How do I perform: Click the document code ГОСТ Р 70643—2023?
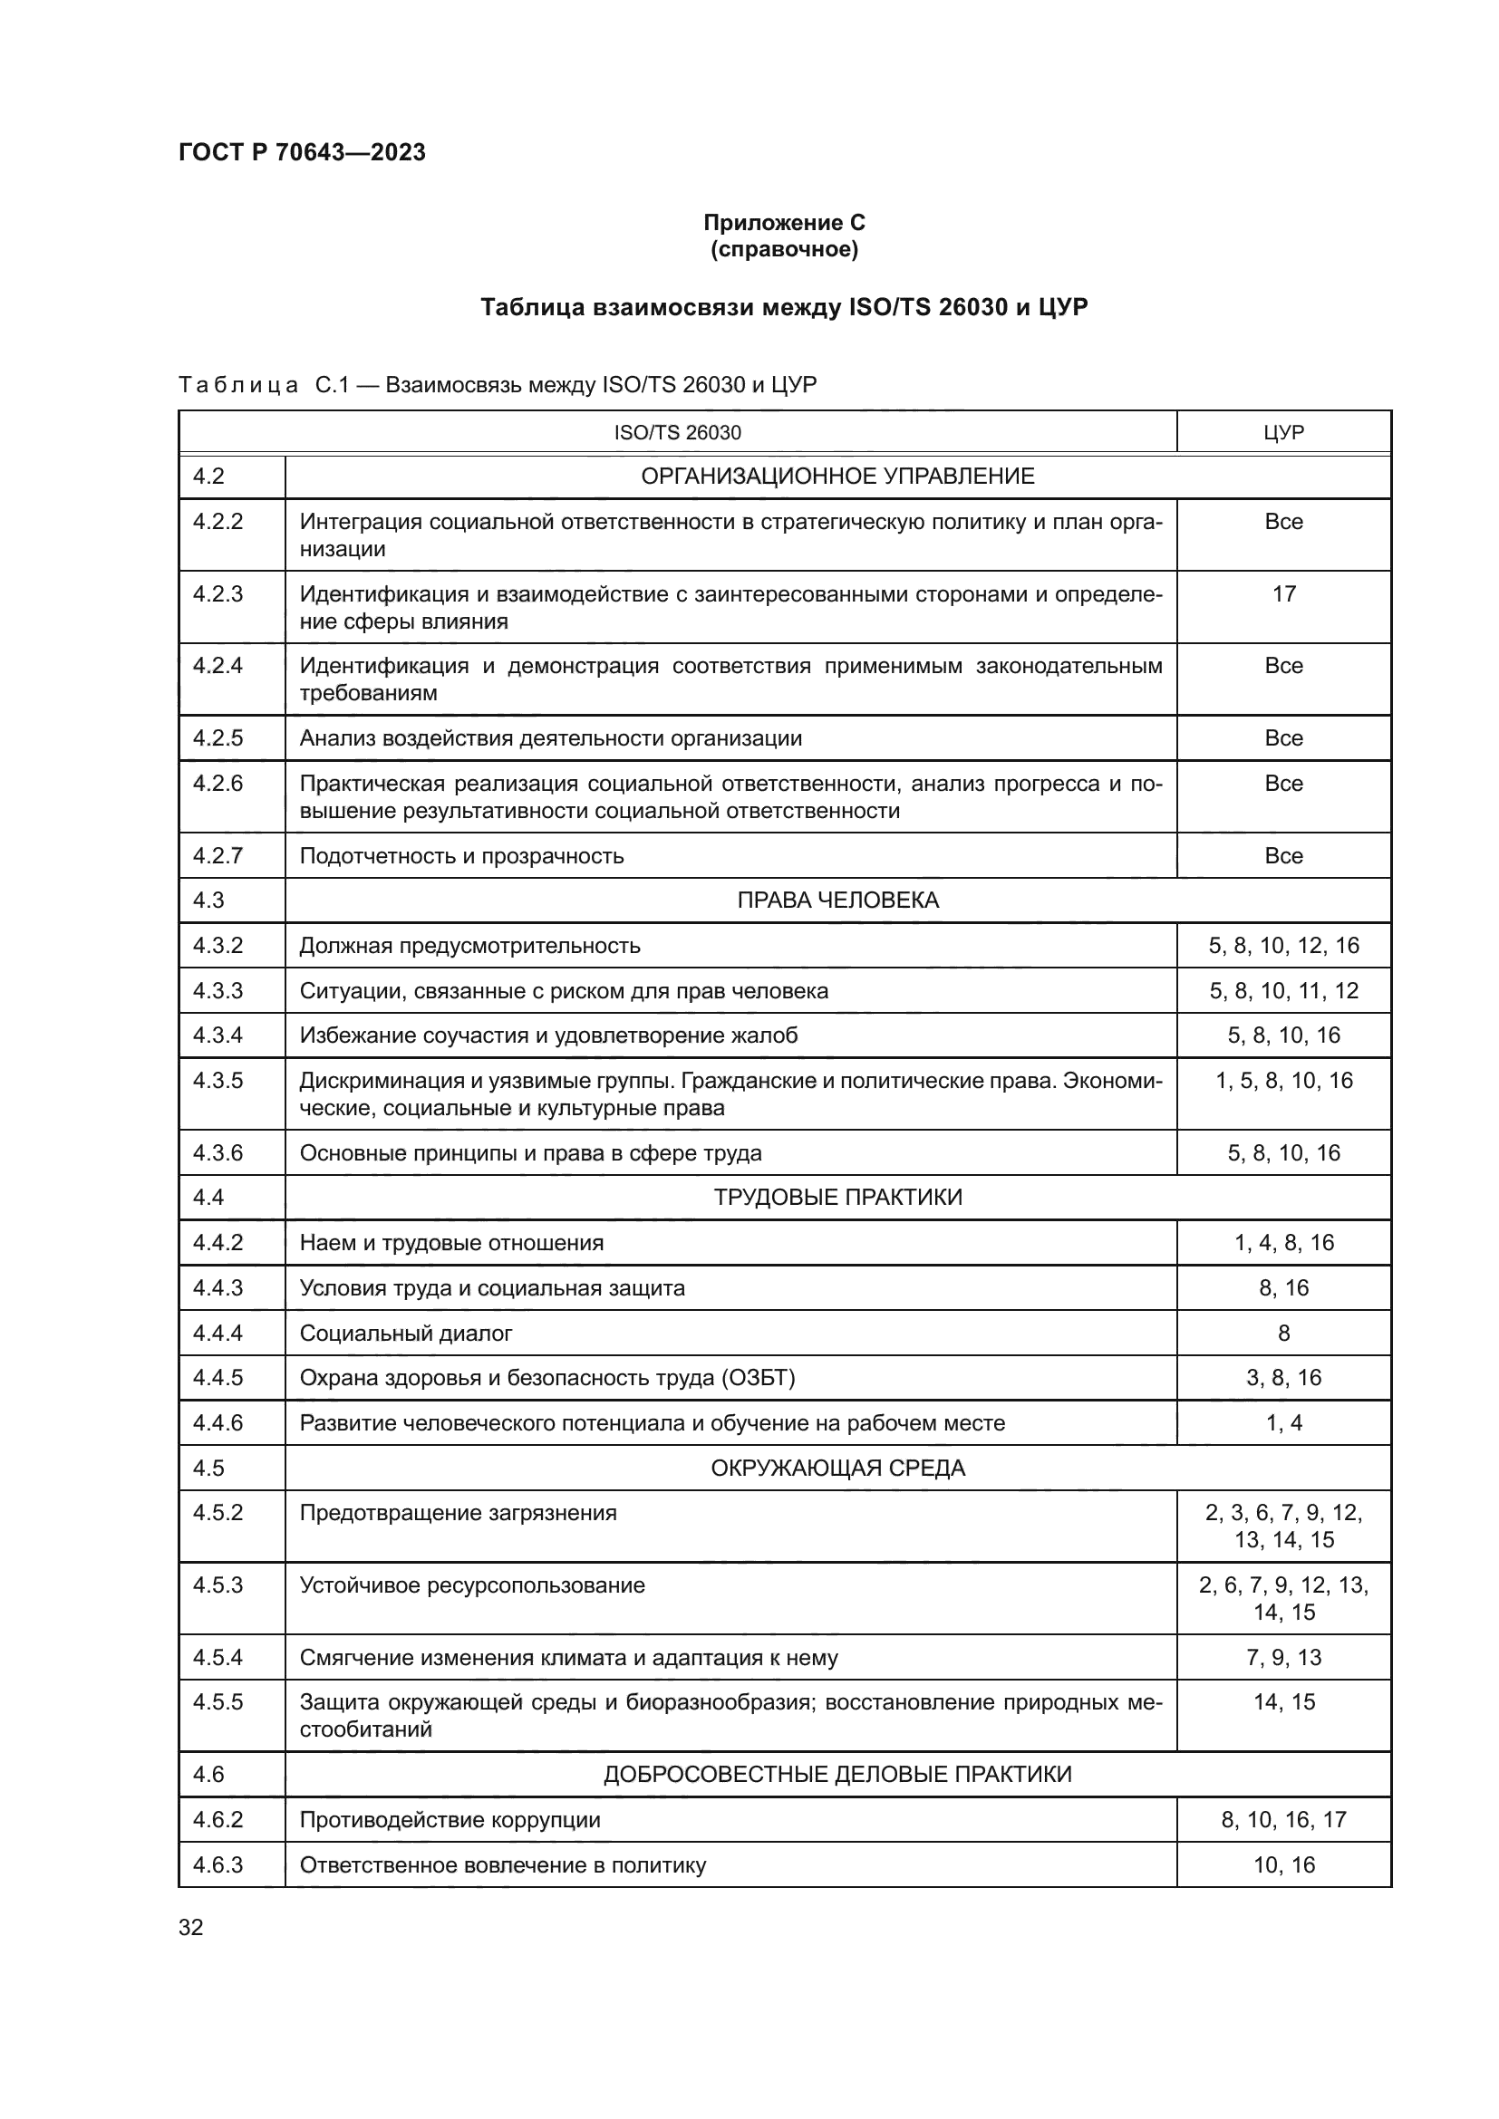pyautogui.click(x=302, y=152)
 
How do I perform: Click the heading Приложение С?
pyautogui.click(x=784, y=223)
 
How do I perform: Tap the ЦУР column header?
pyautogui.click(x=1283, y=433)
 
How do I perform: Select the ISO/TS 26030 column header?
pyautogui.click(x=677, y=433)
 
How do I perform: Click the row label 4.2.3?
pyautogui.click(x=218, y=593)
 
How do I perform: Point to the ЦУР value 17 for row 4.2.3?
pyautogui.click(x=1283, y=593)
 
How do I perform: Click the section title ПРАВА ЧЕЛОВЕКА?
pyautogui.click(x=837, y=900)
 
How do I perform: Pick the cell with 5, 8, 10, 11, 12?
pyautogui.click(x=1283, y=990)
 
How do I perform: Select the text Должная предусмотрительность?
pyautogui.click(x=469, y=945)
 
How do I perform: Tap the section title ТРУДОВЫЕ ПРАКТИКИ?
pyautogui.click(x=837, y=1197)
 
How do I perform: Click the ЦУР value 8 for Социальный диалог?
pyautogui.click(x=1283, y=1333)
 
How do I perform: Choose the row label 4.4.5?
pyautogui.click(x=218, y=1378)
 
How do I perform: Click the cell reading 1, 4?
pyautogui.click(x=1283, y=1423)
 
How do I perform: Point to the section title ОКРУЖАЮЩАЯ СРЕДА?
pyautogui.click(x=837, y=1468)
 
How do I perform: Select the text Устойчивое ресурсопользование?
pyautogui.click(x=471, y=1585)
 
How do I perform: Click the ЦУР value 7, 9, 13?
pyautogui.click(x=1283, y=1658)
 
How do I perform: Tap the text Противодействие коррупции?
pyautogui.click(x=450, y=1820)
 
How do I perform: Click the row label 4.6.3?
pyautogui.click(x=218, y=1865)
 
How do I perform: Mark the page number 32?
pyautogui.click(x=191, y=1927)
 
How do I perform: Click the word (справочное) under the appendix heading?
pyautogui.click(x=784, y=249)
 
